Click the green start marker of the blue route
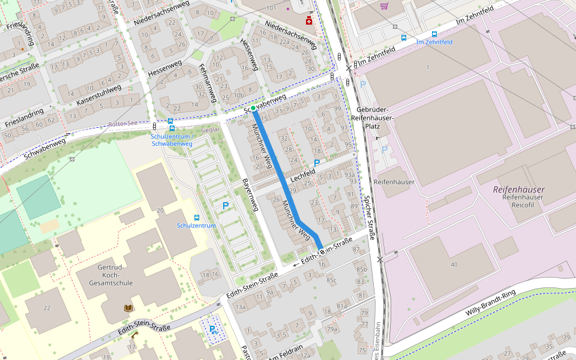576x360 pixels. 253,108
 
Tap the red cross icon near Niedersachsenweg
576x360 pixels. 309,22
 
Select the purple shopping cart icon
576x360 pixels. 384,6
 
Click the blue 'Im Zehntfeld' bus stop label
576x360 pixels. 434,42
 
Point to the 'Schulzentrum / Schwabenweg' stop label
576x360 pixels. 172,140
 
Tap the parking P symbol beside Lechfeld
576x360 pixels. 316,163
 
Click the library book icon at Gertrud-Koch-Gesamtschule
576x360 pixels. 127,308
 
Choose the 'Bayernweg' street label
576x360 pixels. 250,194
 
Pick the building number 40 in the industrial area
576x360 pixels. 454,265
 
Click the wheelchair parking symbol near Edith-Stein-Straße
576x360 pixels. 212,329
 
